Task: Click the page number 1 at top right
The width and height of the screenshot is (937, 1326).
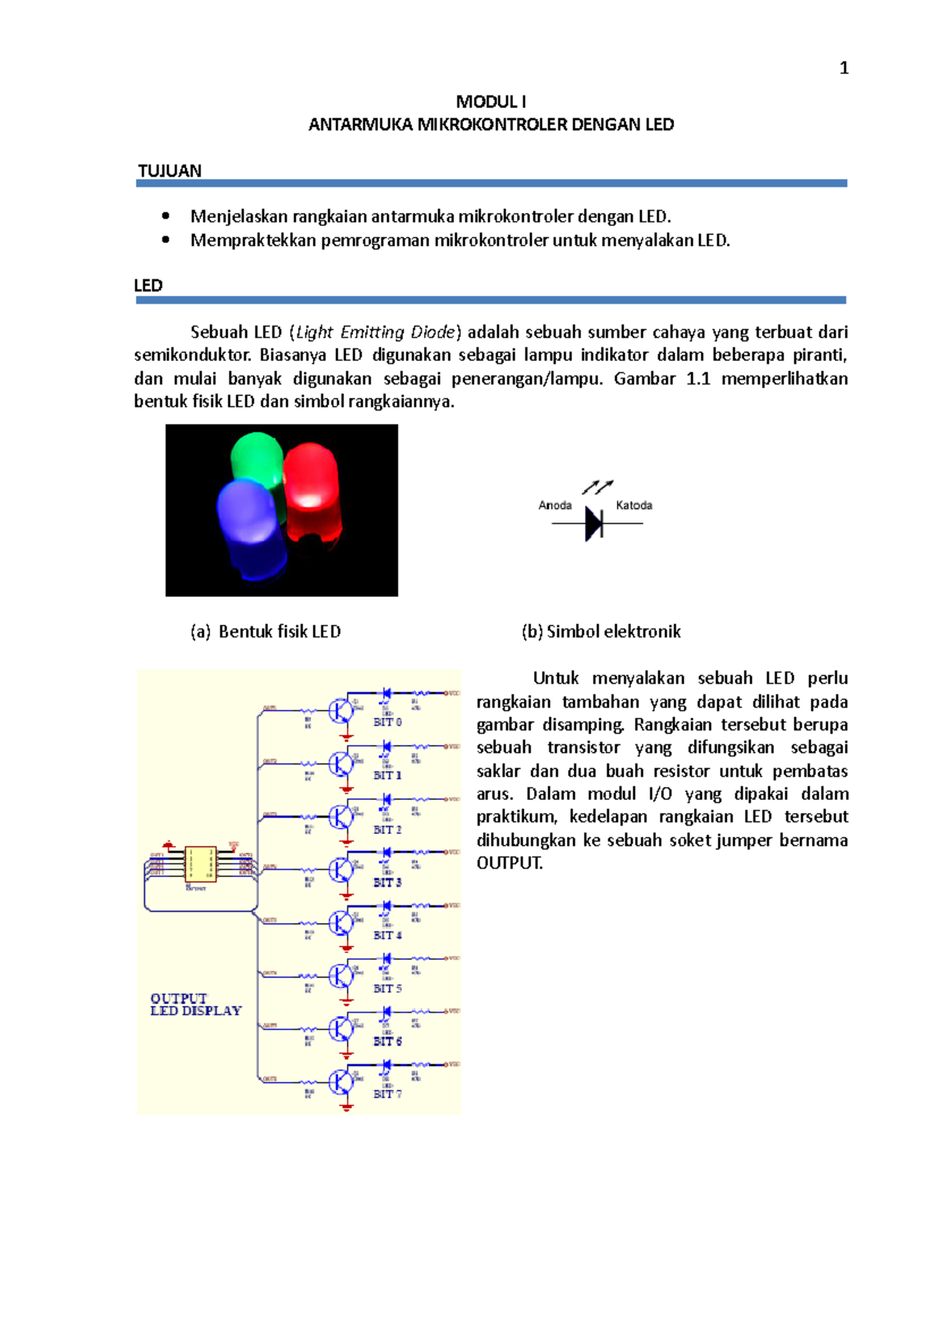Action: pyautogui.click(x=843, y=69)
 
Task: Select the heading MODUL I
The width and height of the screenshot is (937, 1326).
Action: pyautogui.click(x=490, y=102)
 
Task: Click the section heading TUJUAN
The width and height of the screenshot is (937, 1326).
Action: pyautogui.click(x=169, y=171)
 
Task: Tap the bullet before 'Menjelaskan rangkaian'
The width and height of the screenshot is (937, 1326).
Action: pyautogui.click(x=166, y=216)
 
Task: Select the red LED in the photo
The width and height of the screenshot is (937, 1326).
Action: pyautogui.click(x=312, y=492)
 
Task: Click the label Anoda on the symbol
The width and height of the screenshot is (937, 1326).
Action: pyautogui.click(x=554, y=505)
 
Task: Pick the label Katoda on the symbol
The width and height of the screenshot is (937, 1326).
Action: pyautogui.click(x=633, y=505)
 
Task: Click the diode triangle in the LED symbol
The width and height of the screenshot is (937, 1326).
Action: pyautogui.click(x=593, y=523)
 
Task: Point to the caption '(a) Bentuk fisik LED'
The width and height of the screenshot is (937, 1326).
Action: pyautogui.click(x=265, y=632)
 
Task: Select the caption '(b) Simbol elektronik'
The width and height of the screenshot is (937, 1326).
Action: pyautogui.click(x=601, y=632)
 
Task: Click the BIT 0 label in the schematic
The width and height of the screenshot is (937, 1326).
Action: pyautogui.click(x=387, y=722)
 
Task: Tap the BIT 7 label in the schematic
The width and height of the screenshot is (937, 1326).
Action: pyautogui.click(x=387, y=1094)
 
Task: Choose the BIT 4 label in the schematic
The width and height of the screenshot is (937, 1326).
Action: pyautogui.click(x=387, y=935)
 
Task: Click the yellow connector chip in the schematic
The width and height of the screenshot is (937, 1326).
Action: pyautogui.click(x=200, y=864)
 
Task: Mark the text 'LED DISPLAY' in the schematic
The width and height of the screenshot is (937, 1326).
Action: pyautogui.click(x=196, y=1011)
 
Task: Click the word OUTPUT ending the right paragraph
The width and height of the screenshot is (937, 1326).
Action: pyautogui.click(x=509, y=863)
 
